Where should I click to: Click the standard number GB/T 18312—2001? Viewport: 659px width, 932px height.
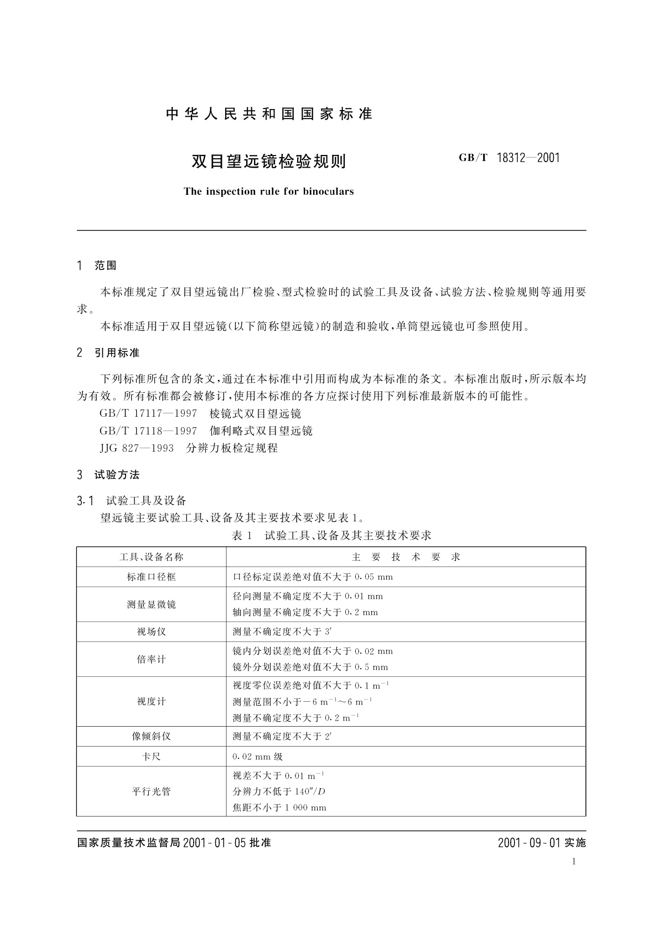[x=509, y=158]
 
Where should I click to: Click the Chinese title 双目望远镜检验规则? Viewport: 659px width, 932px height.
[x=268, y=161]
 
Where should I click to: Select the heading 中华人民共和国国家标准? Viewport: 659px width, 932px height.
[x=269, y=114]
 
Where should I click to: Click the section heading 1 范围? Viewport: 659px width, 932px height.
[x=97, y=266]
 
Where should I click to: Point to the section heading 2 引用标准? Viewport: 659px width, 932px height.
[x=108, y=353]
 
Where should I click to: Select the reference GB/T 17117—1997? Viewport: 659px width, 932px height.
[x=148, y=413]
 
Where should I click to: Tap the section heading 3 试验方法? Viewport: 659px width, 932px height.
[x=108, y=474]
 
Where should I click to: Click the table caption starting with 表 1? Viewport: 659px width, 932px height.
[x=331, y=535]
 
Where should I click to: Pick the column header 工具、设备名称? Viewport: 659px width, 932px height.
[x=151, y=557]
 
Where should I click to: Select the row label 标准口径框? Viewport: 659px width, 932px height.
[x=151, y=577]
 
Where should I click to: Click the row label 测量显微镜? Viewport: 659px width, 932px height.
[x=151, y=604]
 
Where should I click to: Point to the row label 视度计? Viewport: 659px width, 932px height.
[x=151, y=701]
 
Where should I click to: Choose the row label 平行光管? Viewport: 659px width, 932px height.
[x=151, y=791]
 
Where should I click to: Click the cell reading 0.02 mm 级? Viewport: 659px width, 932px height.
[x=258, y=757]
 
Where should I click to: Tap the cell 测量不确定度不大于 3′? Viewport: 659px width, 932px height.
[x=282, y=631]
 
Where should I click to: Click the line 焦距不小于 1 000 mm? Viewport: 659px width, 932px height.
[x=279, y=807]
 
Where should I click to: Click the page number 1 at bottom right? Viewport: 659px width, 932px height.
[x=574, y=861]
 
